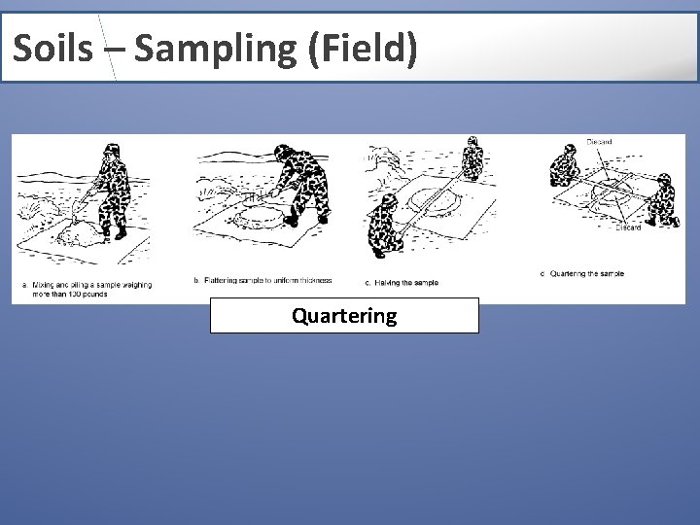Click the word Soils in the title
point(52,48)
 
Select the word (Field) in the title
point(362,48)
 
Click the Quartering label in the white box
point(344,316)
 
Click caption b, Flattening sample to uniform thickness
point(262,281)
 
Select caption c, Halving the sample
point(402,283)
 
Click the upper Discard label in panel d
point(600,143)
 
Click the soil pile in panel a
point(73,232)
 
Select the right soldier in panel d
point(660,199)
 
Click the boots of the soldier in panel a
point(117,233)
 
